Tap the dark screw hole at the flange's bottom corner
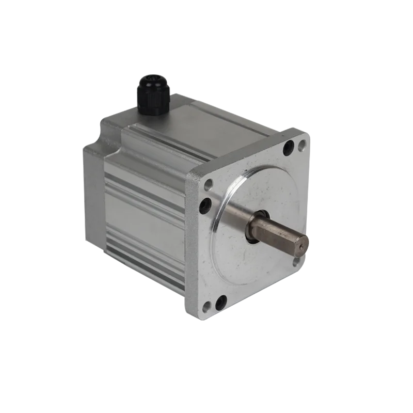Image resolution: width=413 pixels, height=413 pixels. [x=222, y=299]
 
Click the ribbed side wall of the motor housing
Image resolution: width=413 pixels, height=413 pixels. [x=145, y=217]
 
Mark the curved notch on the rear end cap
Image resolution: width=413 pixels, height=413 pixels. [x=115, y=142]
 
